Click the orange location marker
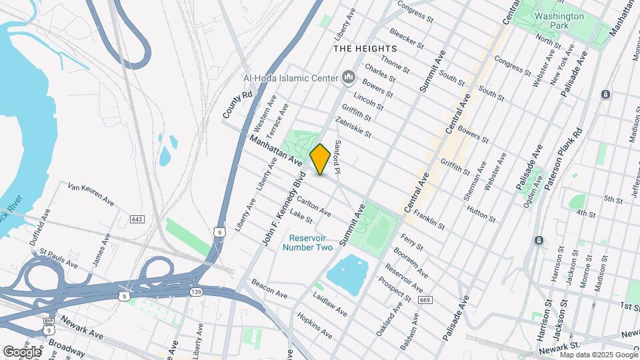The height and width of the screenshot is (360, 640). (320, 159)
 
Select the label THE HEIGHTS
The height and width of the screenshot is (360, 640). (365, 49)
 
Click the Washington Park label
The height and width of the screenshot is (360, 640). (559, 21)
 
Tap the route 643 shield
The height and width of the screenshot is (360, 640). (137, 219)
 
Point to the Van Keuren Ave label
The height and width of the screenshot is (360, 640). (91, 193)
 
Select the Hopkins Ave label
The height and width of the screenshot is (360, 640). (315, 325)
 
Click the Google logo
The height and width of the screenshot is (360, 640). (22, 351)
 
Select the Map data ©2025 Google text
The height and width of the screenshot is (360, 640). (599, 355)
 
